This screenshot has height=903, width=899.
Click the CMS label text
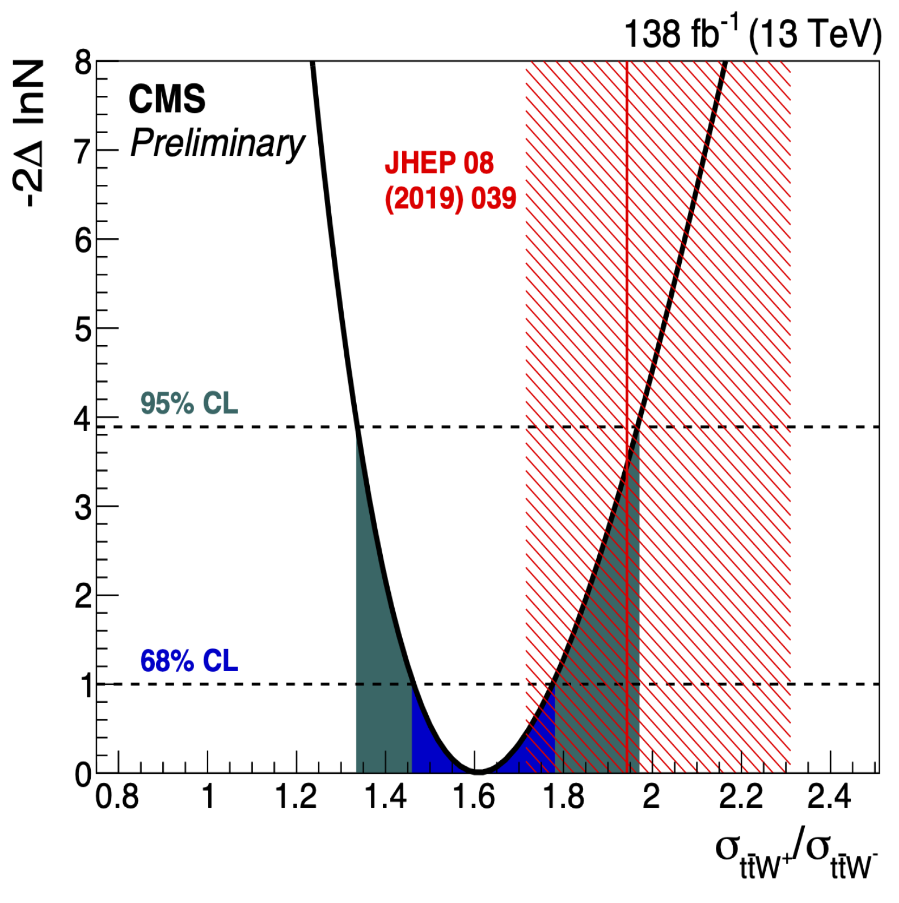click(x=167, y=99)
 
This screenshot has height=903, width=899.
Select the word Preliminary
click(x=217, y=144)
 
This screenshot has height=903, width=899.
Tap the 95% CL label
click(x=189, y=404)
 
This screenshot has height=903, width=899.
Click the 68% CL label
click(x=189, y=661)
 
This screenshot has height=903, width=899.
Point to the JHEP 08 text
click(x=439, y=163)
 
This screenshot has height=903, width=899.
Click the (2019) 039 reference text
click(x=450, y=198)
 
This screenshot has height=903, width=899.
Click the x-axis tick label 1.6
click(x=474, y=797)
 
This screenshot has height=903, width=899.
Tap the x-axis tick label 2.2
click(x=740, y=797)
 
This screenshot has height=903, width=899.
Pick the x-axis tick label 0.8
click(x=117, y=797)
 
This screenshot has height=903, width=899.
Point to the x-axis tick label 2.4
click(x=829, y=797)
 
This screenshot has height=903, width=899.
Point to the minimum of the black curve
click(x=479, y=771)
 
